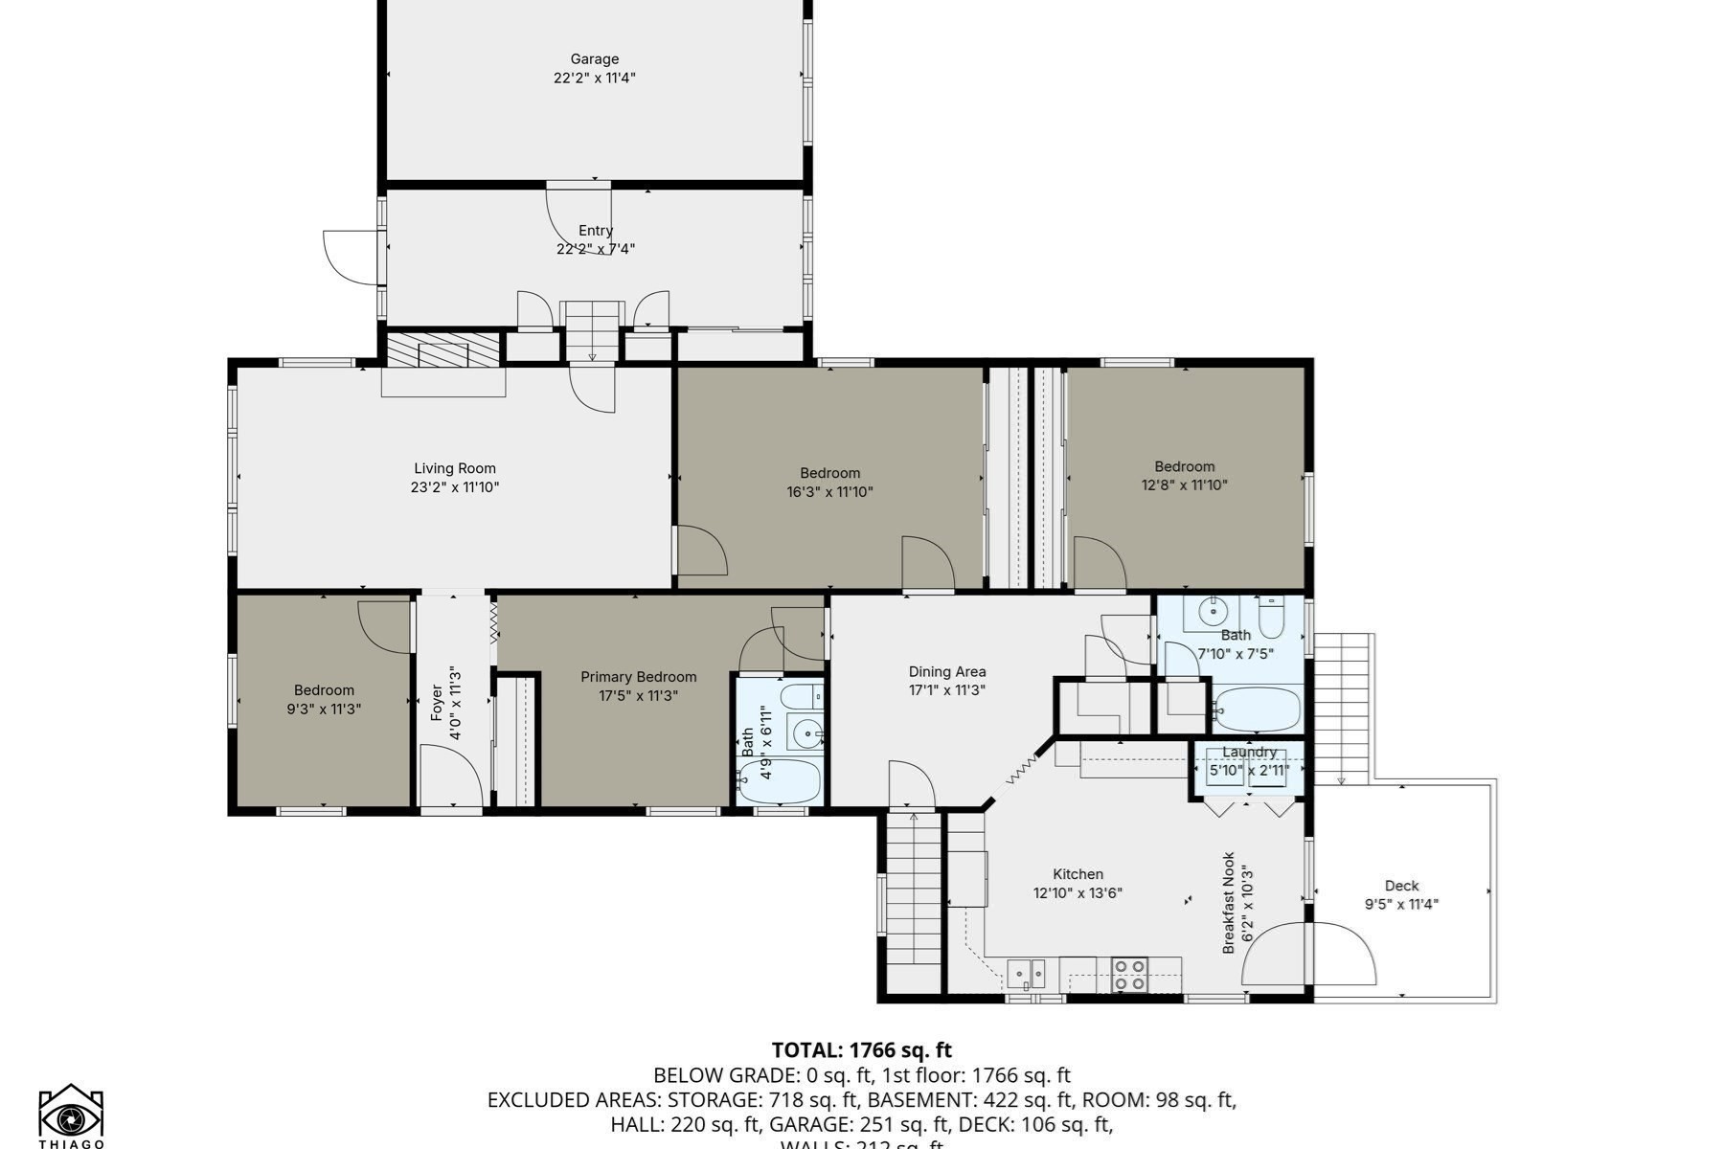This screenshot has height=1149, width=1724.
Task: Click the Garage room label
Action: click(x=594, y=59)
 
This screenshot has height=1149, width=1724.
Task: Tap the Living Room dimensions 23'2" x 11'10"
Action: click(x=455, y=487)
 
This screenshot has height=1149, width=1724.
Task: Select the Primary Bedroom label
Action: click(x=638, y=677)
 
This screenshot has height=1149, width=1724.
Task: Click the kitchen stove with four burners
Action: click(x=1129, y=976)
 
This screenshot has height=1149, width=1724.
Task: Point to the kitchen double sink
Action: click(x=1026, y=974)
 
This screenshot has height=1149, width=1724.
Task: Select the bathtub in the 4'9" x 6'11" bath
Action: click(x=783, y=781)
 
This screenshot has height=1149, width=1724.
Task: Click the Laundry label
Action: click(x=1249, y=753)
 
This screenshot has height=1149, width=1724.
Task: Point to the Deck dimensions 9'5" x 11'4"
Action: click(x=1401, y=904)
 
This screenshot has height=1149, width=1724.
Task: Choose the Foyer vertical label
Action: click(x=438, y=703)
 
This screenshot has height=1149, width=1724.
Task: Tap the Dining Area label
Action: click(x=947, y=672)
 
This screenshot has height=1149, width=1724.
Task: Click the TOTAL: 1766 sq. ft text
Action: click(x=861, y=1050)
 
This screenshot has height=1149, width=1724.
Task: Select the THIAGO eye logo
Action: click(x=71, y=1115)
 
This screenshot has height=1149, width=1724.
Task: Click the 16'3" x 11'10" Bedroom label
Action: click(x=829, y=473)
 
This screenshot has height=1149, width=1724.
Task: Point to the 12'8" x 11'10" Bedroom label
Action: click(x=1184, y=467)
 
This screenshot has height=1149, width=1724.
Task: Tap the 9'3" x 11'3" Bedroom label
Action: click(x=324, y=690)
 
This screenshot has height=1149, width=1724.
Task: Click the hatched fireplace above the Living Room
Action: click(x=442, y=349)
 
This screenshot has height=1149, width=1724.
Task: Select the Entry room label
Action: click(x=595, y=231)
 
